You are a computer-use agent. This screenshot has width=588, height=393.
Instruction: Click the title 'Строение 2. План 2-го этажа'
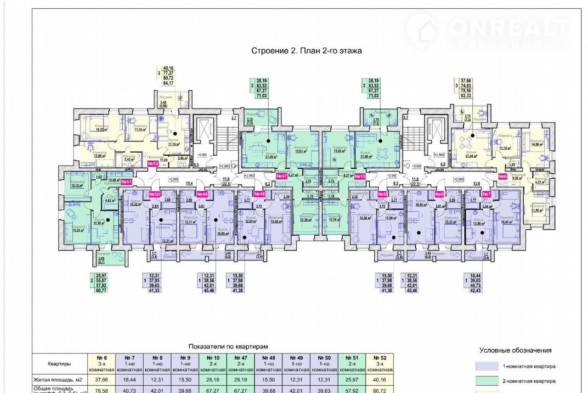(306, 51)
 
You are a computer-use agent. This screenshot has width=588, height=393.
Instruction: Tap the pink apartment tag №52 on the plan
(153, 164)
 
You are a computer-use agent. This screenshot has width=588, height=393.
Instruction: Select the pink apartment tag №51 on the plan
(126, 182)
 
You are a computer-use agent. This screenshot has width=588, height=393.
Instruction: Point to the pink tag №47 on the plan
(282, 176)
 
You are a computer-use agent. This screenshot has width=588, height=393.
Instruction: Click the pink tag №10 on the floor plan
(360, 176)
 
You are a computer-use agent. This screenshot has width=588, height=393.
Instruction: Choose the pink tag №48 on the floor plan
(260, 194)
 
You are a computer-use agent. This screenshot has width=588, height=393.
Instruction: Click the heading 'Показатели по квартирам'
(228, 347)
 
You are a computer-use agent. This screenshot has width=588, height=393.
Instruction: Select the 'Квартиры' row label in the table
(60, 364)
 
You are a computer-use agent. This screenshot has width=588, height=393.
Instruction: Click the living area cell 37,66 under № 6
(102, 380)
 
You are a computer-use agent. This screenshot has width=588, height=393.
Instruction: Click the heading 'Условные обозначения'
(515, 350)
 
